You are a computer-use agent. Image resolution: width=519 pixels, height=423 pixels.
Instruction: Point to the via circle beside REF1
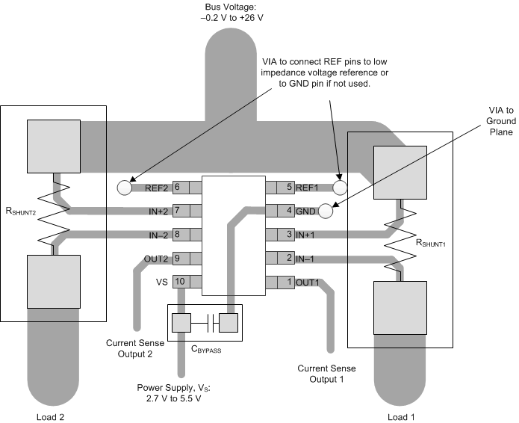point(340,187)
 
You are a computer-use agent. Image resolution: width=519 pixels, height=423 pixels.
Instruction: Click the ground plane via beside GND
point(325,211)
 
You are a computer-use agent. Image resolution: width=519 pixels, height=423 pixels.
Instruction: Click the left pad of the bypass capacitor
point(181,322)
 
